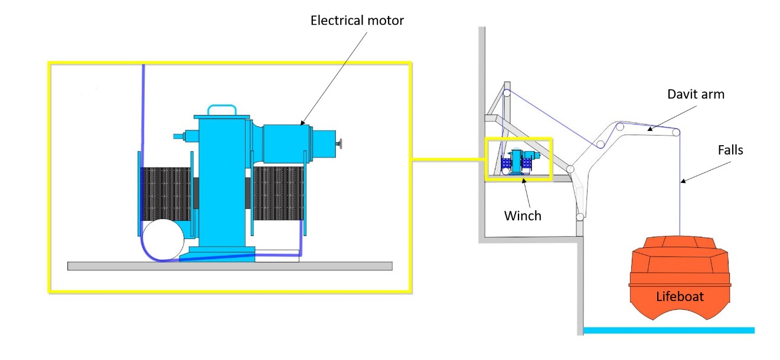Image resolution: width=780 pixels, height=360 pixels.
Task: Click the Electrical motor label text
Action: click(x=357, y=21)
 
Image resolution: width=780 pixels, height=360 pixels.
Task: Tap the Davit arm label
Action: click(x=696, y=94)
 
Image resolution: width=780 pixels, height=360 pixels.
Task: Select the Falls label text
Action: click(x=730, y=150)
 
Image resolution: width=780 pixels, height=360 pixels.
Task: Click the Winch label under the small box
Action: click(x=523, y=215)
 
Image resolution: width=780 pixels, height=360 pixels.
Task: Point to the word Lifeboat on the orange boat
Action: click(x=680, y=296)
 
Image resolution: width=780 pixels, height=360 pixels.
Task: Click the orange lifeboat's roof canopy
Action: click(x=680, y=246)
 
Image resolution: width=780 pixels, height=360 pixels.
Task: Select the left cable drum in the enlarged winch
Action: click(x=167, y=194)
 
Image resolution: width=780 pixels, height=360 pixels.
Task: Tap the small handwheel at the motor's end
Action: click(x=341, y=143)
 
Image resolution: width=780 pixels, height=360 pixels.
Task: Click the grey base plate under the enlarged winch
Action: click(x=230, y=266)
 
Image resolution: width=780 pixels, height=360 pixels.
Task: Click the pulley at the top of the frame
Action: click(x=507, y=93)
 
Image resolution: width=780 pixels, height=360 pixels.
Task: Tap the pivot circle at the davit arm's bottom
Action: click(x=580, y=217)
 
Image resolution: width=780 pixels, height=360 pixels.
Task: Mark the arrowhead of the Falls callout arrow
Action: click(x=683, y=181)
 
